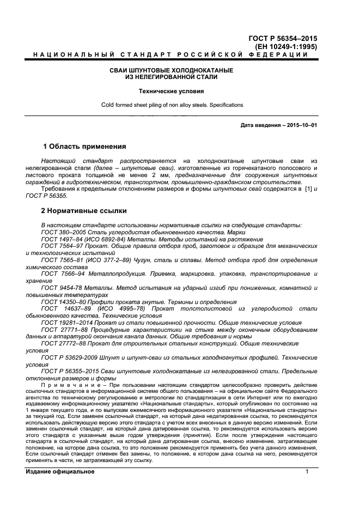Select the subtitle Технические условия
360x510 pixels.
[172, 92]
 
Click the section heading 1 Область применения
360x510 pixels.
[84, 147]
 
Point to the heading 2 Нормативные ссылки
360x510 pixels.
[84, 210]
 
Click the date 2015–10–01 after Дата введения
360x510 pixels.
[300, 125]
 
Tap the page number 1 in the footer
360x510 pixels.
[307, 471]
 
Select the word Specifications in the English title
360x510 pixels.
[224, 105]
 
